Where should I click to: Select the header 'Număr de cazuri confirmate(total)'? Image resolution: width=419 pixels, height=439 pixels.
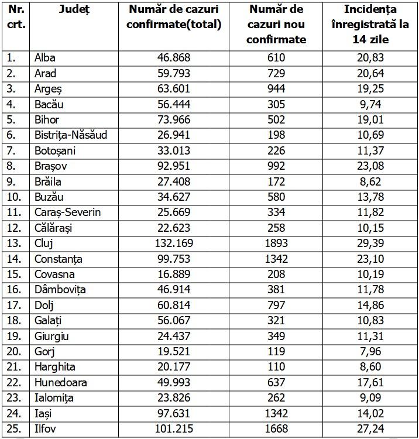(175, 17)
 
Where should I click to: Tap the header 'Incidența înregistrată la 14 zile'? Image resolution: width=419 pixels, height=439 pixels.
(370, 25)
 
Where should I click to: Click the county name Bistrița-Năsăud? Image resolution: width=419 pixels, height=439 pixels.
(71, 135)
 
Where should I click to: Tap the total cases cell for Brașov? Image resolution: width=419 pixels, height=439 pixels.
(175, 166)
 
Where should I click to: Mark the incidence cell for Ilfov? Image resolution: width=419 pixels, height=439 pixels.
(370, 428)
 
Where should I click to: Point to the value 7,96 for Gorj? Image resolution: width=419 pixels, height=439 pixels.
(370, 351)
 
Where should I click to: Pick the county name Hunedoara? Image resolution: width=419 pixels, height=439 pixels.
(61, 382)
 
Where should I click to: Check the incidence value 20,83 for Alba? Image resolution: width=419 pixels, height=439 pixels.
(370, 57)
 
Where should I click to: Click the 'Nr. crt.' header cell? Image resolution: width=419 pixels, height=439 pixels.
(15, 17)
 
